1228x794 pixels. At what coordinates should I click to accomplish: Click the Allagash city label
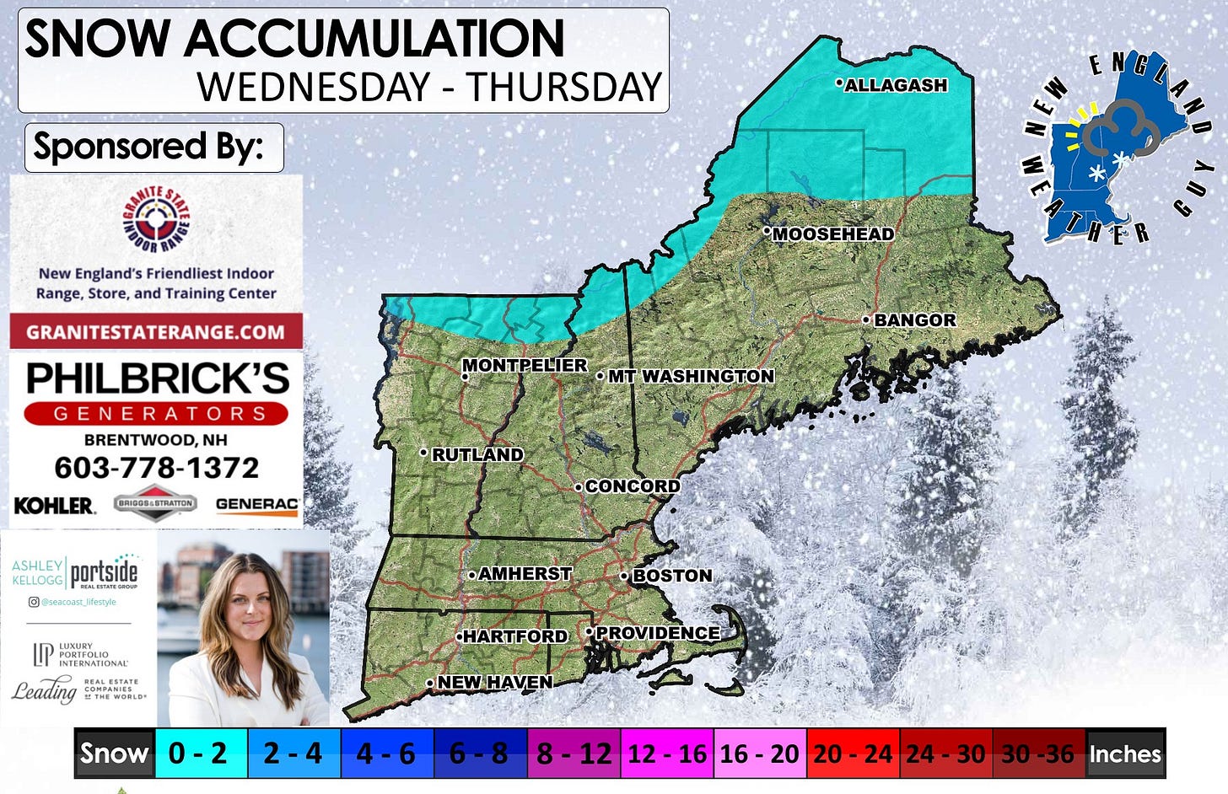click(896, 85)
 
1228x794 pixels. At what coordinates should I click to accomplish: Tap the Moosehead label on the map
click(833, 234)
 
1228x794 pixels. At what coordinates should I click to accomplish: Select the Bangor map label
click(915, 320)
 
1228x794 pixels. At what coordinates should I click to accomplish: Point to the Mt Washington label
click(691, 376)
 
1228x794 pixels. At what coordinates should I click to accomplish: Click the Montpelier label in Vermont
click(525, 365)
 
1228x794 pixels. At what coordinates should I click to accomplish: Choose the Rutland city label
click(477, 454)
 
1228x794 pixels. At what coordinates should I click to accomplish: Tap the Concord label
click(632, 486)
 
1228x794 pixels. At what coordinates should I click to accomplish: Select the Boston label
click(672, 576)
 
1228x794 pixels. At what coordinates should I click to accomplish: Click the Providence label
click(658, 633)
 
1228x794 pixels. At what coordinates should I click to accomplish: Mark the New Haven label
click(495, 682)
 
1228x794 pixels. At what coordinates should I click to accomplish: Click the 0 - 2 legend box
click(199, 753)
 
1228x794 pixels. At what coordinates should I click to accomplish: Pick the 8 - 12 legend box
click(574, 753)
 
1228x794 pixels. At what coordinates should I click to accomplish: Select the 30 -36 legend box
click(1037, 753)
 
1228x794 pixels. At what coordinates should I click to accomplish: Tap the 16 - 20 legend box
click(759, 753)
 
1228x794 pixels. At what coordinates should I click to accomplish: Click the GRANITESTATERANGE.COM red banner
click(156, 331)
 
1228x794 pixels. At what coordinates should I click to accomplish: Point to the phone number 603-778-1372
click(157, 468)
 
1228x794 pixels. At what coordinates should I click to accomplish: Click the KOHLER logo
click(54, 505)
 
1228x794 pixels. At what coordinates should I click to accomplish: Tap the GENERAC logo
click(257, 504)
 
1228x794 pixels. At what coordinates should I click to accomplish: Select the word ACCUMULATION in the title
click(374, 39)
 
